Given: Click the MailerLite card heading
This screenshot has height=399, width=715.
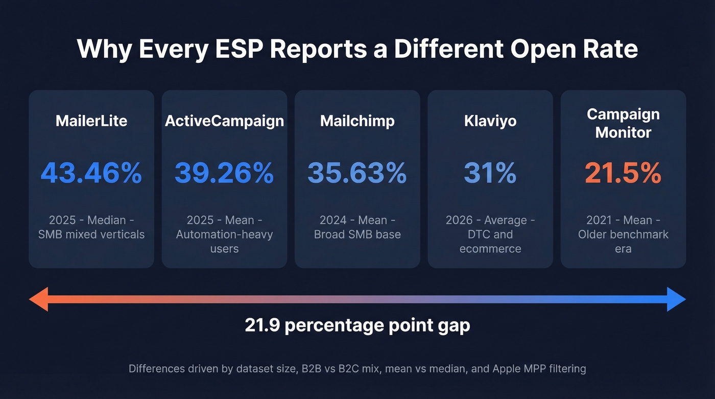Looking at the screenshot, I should pyautogui.click(x=91, y=121).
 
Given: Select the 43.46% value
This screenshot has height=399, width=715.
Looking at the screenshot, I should pyautogui.click(x=91, y=173).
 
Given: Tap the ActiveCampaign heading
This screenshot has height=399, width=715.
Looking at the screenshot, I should pyautogui.click(x=224, y=121).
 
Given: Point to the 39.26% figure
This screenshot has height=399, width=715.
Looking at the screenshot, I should pyautogui.click(x=224, y=173).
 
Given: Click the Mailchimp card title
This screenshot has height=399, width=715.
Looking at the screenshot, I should pyautogui.click(x=357, y=121).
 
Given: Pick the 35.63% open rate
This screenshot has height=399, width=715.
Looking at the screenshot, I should pyautogui.click(x=357, y=173).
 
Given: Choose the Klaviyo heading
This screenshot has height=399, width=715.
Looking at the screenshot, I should pyautogui.click(x=490, y=121).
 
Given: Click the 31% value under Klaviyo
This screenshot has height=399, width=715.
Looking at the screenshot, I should pyautogui.click(x=490, y=173).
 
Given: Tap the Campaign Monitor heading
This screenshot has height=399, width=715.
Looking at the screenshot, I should pyautogui.click(x=623, y=123).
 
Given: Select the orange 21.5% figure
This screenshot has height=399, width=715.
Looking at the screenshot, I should pyautogui.click(x=623, y=173).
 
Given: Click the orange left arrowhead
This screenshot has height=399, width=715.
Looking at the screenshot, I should pyautogui.click(x=39, y=299).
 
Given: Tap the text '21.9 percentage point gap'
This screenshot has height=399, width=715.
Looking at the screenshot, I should pyautogui.click(x=357, y=325).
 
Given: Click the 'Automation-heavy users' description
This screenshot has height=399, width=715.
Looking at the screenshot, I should pyautogui.click(x=224, y=242).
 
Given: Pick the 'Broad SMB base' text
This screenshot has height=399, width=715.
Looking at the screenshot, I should pyautogui.click(x=357, y=234).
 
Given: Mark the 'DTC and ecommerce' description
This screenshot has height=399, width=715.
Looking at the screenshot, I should pyautogui.click(x=490, y=242).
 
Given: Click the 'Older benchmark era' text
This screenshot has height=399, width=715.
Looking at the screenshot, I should pyautogui.click(x=623, y=242).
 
